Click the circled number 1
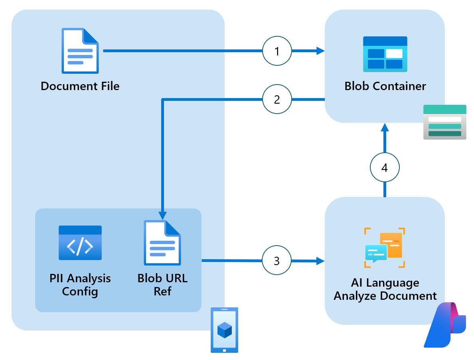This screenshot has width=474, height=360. coord(277,51)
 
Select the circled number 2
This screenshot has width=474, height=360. coord(277,99)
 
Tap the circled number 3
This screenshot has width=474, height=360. coord(277,261)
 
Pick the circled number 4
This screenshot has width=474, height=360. coord(385,167)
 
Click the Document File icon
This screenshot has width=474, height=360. coord(80,51)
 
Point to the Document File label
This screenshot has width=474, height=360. coord(80,86)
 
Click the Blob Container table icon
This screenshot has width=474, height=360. coord(385,54)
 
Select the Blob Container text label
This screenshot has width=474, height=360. coord(385,86)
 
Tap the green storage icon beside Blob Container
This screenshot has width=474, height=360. coord(444,122)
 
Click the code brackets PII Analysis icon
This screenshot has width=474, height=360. coord(80,243)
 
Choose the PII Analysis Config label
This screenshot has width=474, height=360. coord(80,285)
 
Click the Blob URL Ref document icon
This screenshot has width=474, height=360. coord(162,243)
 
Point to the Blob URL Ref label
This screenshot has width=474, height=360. coord(162,285)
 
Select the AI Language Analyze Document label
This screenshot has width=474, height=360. coord(385,289)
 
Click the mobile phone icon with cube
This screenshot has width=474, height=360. coord(224,330)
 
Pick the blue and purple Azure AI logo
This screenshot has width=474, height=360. coord(445,325)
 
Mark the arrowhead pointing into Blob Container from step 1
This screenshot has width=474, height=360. coord(320,51)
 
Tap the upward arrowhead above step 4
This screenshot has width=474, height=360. coord(385,128)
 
